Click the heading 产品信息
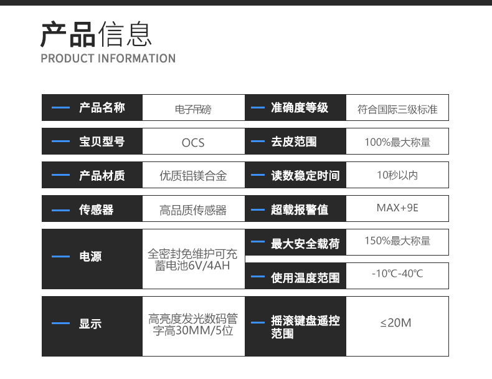(97, 34)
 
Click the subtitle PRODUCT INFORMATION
(108, 59)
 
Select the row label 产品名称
(102, 107)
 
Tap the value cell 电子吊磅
(193, 109)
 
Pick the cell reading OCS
(193, 143)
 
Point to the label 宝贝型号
(102, 142)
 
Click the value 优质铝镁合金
(193, 176)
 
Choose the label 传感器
(97, 209)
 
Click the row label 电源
(90, 257)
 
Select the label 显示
(90, 324)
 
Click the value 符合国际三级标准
(397, 109)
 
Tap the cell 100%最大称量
(397, 142)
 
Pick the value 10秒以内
(397, 175)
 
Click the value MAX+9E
(397, 208)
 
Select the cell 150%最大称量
(397, 241)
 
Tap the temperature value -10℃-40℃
(397, 274)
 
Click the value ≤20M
(395, 323)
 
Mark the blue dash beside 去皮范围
(258, 142)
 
